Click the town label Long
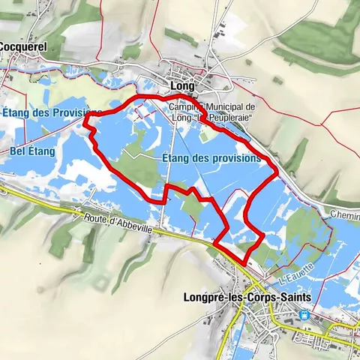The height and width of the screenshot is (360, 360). click(182, 86)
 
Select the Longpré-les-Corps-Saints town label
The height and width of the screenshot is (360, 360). click(247, 297)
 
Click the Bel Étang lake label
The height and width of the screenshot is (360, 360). click(32, 151)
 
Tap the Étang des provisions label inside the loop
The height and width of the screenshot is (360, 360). click(211, 159)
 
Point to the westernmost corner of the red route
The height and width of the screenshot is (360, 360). click(84, 116)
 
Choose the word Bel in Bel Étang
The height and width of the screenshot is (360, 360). click(18, 151)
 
